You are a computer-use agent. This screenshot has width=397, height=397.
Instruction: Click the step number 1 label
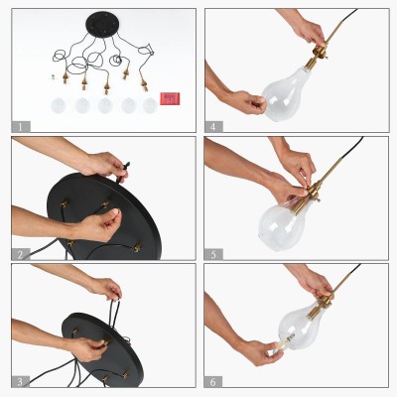click(21, 127)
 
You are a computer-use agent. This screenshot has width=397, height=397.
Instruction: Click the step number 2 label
click(21, 254)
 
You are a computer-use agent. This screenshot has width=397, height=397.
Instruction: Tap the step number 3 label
click(21, 382)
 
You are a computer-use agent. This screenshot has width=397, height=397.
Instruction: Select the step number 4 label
click(213, 127)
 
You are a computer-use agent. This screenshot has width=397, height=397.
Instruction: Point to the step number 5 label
click(213, 254)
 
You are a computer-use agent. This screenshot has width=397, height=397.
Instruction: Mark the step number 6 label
click(213, 382)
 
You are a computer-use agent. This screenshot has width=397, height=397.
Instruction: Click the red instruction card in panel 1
click(170, 98)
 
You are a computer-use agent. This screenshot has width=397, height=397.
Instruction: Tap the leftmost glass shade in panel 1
click(59, 105)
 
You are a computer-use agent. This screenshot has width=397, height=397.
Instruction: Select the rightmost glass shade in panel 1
click(150, 105)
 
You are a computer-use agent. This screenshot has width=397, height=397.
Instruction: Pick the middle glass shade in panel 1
click(105, 105)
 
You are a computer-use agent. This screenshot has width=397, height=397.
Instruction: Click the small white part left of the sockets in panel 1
click(53, 77)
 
